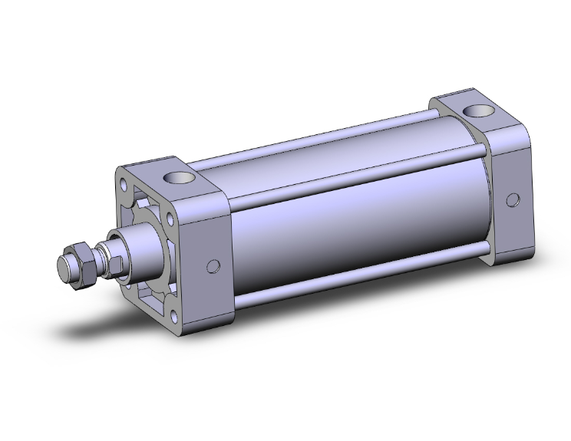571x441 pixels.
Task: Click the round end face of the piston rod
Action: click(x=68, y=270)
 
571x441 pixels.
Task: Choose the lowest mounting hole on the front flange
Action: click(x=179, y=314)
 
